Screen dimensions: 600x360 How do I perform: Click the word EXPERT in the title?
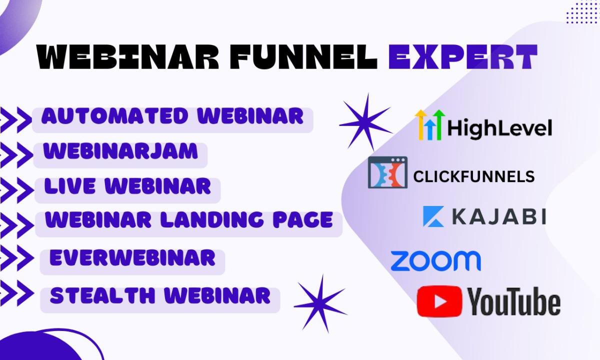pos(463,56)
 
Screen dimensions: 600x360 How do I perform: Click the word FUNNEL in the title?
pos(304,56)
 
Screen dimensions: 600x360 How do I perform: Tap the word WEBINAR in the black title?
pos(128,56)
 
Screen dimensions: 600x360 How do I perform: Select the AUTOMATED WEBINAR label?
pos(172,116)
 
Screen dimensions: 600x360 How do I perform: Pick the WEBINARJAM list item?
pos(120,151)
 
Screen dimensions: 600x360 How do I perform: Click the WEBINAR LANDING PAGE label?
pos(189,219)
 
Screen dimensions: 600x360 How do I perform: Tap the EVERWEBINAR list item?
pos(132,257)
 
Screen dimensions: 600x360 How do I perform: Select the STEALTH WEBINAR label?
pos(160,295)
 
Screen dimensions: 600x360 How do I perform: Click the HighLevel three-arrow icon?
pos(430,125)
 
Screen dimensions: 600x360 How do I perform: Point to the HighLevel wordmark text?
pos(500,128)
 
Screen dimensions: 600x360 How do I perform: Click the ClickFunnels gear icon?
pos(388,172)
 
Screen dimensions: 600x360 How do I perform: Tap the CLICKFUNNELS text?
pos(474,177)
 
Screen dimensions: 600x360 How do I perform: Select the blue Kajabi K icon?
pos(433,216)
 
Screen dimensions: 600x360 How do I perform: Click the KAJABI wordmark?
pos(499,216)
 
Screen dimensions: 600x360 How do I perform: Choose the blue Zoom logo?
pos(436,260)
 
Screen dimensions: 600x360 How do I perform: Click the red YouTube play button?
pos(439,301)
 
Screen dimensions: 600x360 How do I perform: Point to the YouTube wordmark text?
pos(514,301)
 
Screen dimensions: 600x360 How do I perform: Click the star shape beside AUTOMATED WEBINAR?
pos(366,122)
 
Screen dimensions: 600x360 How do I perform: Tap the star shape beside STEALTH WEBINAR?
pos(320,304)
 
